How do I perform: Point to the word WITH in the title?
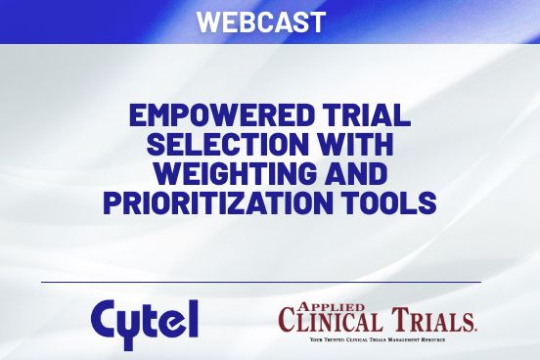[x=355, y=148]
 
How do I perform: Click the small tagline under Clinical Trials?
[x=377, y=338]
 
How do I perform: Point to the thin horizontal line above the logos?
[x=261, y=282]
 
